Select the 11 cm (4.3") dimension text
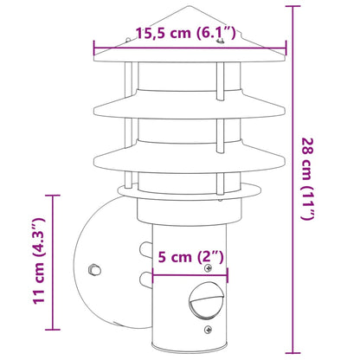(x=35, y=269)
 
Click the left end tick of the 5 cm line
(x=152, y=278)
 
